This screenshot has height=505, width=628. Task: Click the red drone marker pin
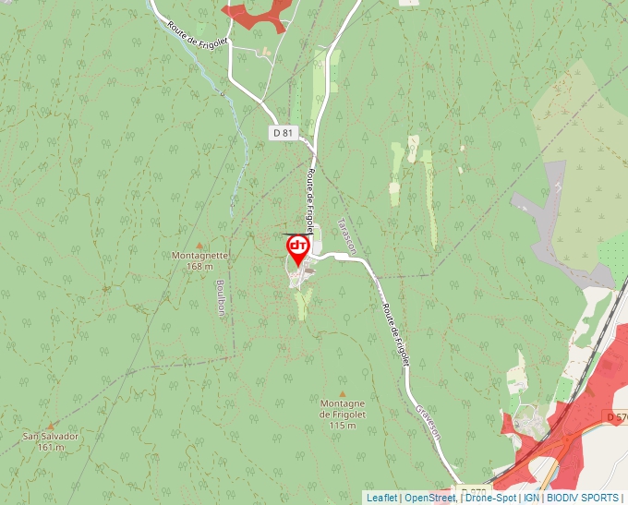click(x=297, y=248)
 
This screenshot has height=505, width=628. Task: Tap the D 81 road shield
click(x=283, y=133)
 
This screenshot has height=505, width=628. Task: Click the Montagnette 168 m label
click(x=199, y=260)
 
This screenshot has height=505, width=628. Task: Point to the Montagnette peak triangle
click(x=199, y=245)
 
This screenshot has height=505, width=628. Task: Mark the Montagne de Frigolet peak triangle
click(x=343, y=393)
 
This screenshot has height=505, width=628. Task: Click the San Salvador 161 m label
click(x=52, y=440)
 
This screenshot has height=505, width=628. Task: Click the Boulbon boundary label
click(x=220, y=297)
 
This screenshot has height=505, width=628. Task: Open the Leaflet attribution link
click(x=381, y=498)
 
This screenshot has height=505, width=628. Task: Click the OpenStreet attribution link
click(x=429, y=498)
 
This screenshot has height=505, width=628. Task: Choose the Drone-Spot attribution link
click(x=490, y=498)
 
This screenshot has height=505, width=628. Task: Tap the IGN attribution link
click(x=531, y=498)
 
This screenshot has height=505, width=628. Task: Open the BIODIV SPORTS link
click(x=583, y=498)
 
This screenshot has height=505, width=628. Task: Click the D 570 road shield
click(x=618, y=417)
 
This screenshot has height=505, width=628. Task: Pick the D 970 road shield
click(x=473, y=491)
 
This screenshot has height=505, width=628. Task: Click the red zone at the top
click(x=259, y=13)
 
